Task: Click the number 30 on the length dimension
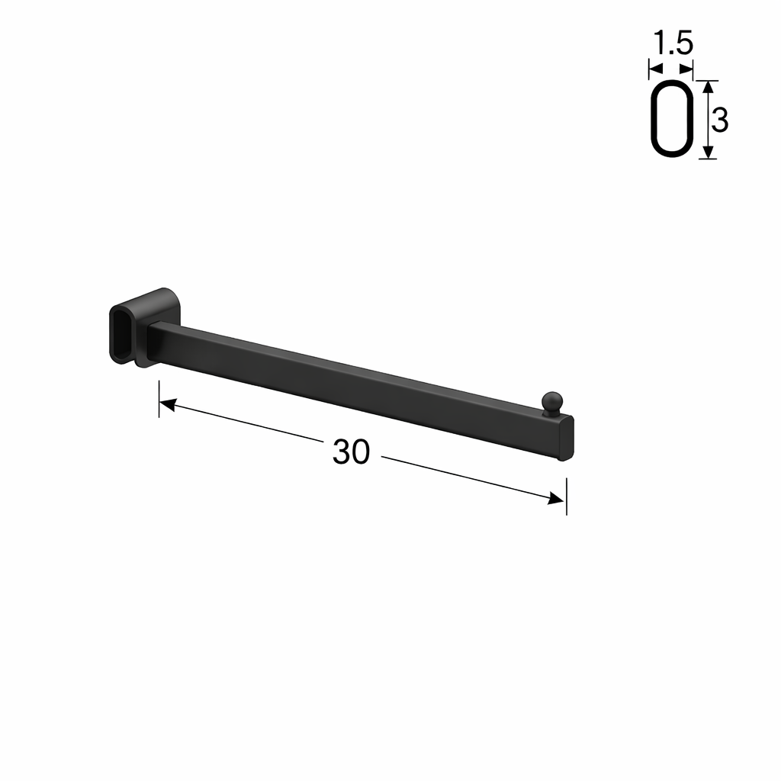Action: coord(351,453)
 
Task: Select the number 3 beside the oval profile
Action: coord(719,121)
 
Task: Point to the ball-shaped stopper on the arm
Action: coord(551,402)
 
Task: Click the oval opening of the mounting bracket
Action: coord(121,333)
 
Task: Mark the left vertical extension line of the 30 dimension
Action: coord(159,398)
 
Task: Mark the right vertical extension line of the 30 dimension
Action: coord(566,496)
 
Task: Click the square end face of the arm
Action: coord(566,438)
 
